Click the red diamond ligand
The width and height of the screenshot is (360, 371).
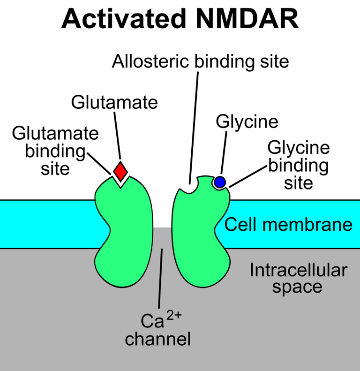[120, 172]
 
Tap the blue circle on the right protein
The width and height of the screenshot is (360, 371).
[220, 182]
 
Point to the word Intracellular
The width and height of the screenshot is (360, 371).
[298, 270]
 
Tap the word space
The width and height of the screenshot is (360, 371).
[297, 287]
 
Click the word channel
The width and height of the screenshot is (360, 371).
[158, 339]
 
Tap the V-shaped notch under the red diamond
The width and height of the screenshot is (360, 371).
[120, 183]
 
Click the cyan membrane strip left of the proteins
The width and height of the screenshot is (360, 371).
[47, 224]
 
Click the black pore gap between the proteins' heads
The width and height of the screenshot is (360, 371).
[163, 206]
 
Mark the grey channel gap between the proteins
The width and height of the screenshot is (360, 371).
[163, 239]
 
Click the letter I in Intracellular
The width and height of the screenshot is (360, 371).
[252, 270]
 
